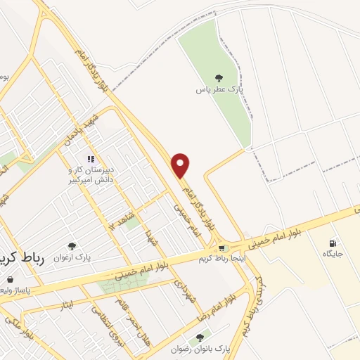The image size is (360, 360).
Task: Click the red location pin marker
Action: [x=181, y=165]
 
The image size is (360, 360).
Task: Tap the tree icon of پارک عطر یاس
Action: [x=219, y=78]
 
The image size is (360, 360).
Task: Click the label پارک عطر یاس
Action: [x=219, y=91]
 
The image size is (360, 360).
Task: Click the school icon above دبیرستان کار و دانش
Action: [x=90, y=159]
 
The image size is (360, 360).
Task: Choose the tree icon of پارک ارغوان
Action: [x=70, y=246]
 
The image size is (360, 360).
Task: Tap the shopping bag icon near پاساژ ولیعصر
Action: [x=9, y=279]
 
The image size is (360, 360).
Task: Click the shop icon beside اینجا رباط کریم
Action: [x=223, y=247]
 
